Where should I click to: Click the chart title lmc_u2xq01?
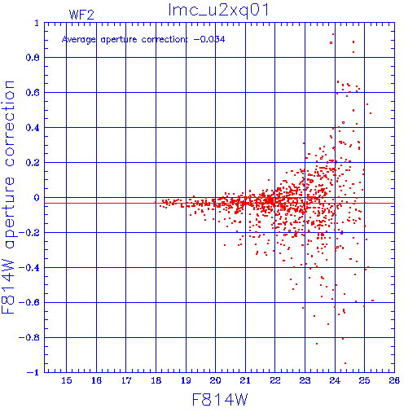point(218,11)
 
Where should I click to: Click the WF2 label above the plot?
point(81,15)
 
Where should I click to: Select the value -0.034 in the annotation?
point(209,40)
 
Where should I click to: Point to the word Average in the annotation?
point(79,40)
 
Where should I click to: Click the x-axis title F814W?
point(220,400)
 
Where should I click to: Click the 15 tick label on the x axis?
point(67,380)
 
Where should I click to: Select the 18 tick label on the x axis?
point(156,380)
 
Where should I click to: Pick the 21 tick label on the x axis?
point(245,380)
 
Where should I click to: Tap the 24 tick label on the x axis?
point(335,380)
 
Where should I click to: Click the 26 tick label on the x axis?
point(394,380)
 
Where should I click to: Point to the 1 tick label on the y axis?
point(37,23)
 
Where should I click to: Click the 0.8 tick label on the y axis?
point(33,58)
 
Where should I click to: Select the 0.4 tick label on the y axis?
point(33,128)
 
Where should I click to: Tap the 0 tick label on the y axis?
point(37,198)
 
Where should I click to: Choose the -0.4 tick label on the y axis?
point(29,268)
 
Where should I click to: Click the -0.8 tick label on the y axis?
point(29,338)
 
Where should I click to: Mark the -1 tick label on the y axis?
point(33,372)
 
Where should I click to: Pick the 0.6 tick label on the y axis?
point(33,93)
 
